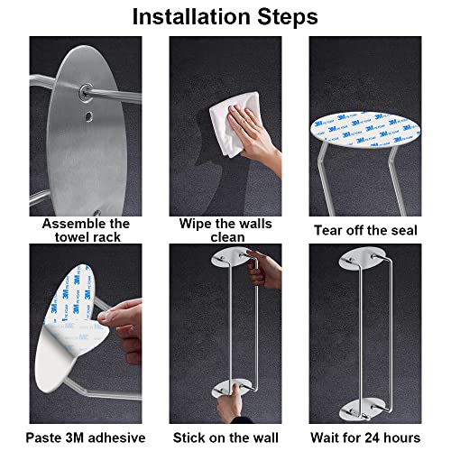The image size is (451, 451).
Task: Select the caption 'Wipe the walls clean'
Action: click(x=225, y=230)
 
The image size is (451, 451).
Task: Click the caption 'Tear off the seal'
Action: click(x=365, y=230)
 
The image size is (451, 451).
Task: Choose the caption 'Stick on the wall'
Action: click(x=225, y=437)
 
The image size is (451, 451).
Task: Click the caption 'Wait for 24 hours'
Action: click(x=365, y=437)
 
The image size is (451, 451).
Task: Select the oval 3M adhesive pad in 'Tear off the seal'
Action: click(x=365, y=131)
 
